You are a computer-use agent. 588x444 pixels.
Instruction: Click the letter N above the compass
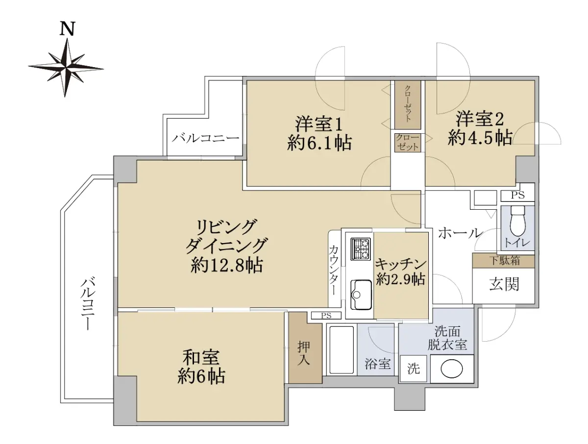pyautogui.click(x=67, y=28)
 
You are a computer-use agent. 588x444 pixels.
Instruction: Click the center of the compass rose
pyautogui.click(x=66, y=68)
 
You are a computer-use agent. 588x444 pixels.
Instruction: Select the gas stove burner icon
pyautogui.click(x=360, y=249)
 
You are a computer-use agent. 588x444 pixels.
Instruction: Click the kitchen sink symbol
pyautogui.click(x=361, y=295)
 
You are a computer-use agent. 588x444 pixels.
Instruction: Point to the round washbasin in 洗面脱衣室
pyautogui.click(x=452, y=369)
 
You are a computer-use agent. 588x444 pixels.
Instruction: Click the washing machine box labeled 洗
pyautogui.click(x=413, y=369)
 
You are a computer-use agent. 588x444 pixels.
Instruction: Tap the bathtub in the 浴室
pyautogui.click(x=342, y=350)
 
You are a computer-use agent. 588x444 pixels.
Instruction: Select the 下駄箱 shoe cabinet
pyautogui.click(x=503, y=261)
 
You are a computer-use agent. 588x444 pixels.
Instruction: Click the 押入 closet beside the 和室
pyautogui.click(x=305, y=347)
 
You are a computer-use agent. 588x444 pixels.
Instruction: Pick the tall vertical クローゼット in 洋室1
pyautogui.click(x=408, y=105)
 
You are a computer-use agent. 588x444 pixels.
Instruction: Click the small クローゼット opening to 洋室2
pyautogui.click(x=408, y=143)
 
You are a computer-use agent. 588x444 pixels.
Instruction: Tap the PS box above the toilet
pyautogui.click(x=518, y=195)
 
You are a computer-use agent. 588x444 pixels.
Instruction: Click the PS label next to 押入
pyautogui.click(x=326, y=316)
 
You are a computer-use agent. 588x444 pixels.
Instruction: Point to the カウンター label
pyautogui.click(x=334, y=270)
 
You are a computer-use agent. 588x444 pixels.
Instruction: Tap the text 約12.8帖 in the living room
pyautogui.click(x=227, y=265)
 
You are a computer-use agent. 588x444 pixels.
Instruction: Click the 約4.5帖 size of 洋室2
pyautogui.click(x=480, y=138)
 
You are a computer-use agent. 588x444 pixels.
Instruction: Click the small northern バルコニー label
pyautogui.click(x=205, y=139)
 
